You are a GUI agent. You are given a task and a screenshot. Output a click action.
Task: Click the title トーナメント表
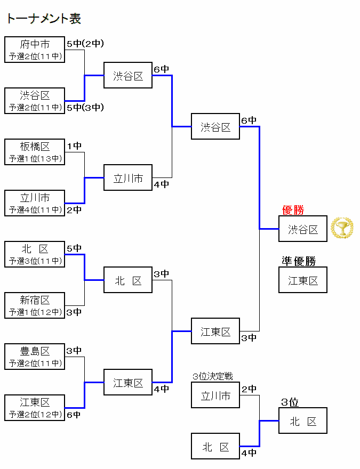click(43, 19)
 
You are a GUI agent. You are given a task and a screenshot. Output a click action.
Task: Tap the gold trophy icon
click(342, 229)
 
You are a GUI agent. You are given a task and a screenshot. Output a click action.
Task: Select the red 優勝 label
click(293, 211)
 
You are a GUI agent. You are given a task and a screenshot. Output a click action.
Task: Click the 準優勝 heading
click(299, 261)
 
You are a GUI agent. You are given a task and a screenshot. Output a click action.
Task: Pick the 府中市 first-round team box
click(35, 50)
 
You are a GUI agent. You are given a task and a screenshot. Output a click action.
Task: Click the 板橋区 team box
click(35, 152)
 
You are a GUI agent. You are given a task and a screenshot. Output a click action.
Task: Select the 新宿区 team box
click(35, 305)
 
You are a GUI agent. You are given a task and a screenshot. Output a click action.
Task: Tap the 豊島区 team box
click(35, 357)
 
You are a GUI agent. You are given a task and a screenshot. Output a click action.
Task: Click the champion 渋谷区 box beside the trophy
click(303, 229)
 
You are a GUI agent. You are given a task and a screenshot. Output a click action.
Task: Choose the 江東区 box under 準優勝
click(303, 280)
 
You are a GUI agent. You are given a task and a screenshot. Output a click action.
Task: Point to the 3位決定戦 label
click(213, 377)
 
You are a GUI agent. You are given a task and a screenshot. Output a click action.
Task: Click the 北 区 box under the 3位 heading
click(303, 421)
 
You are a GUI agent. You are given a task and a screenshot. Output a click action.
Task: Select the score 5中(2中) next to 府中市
click(85, 44)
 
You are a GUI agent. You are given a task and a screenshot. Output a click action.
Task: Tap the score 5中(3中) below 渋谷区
click(85, 108)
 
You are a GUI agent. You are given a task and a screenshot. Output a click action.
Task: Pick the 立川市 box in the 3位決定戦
click(215, 395)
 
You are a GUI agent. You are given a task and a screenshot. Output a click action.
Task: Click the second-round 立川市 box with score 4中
click(128, 178)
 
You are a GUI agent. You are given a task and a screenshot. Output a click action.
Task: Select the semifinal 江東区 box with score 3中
click(215, 331)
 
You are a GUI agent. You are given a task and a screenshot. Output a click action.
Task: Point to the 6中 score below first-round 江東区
click(74, 415)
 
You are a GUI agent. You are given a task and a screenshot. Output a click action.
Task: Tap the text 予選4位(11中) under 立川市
click(35, 209)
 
